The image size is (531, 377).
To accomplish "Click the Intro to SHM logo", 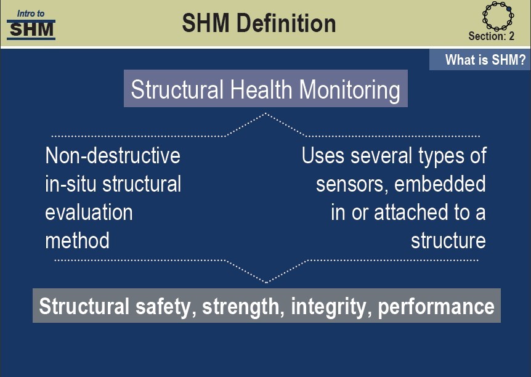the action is pos(31,25).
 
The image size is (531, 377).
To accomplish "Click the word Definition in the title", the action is pos(286,23).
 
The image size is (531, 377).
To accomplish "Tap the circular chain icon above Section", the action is pos(498,15).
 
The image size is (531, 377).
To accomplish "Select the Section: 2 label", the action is pos(492,36).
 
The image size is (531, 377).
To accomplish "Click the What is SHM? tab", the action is pos(480,60).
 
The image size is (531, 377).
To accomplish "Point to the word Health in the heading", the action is pos(261,90).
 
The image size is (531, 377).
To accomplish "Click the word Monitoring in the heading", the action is pos(349,91).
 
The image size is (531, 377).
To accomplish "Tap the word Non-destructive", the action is pos(113,155).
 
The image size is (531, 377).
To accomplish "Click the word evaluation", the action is pos(89,213).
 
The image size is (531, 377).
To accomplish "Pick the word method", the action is pos(77,240).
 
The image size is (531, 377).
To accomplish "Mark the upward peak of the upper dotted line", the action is pos(266,113).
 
